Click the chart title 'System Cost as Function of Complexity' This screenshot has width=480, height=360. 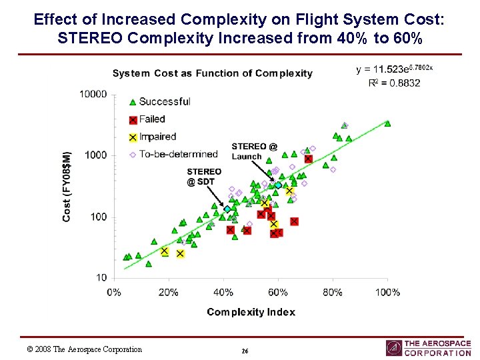coord(212,73)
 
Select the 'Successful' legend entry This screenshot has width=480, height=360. coord(164,101)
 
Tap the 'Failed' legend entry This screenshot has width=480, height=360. coord(152,119)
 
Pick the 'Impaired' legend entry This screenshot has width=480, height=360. coord(157,137)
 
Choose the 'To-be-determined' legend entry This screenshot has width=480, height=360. coord(178,155)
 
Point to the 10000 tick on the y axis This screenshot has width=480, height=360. coord(93,94)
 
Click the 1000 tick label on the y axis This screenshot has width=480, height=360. coord(95,155)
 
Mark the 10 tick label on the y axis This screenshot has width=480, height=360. coord(100,277)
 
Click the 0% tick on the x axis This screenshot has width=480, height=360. coord(113,292)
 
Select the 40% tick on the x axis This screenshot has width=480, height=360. coord(223,292)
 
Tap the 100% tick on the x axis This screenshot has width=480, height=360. coord(387,292)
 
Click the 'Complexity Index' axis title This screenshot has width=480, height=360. coord(251,312)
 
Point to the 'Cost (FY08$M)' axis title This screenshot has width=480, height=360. coord(67,186)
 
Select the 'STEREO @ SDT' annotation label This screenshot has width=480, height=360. coord(203,177)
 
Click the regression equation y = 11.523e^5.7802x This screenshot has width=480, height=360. coord(395,69)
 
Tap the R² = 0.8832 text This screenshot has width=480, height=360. coord(394,83)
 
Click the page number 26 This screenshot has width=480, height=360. coord(245,351)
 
